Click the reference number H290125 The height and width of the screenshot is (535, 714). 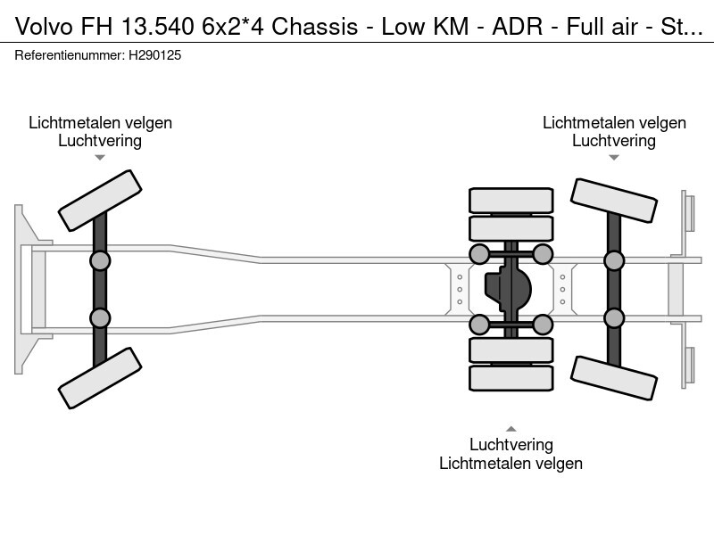click(157, 55)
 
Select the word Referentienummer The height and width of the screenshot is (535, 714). click(69, 55)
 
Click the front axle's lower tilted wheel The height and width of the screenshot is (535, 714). click(100, 378)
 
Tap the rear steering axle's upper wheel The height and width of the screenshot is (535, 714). click(614, 200)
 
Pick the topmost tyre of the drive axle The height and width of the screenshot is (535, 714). click(511, 200)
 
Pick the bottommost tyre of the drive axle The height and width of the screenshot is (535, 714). click(511, 378)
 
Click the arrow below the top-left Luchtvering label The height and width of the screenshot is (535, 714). click(100, 158)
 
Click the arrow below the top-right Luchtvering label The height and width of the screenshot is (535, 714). click(614, 158)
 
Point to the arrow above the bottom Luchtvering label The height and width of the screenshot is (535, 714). click(511, 427)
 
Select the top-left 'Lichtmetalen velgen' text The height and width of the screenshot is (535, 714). click(100, 123)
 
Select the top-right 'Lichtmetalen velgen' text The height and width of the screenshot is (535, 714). click(614, 123)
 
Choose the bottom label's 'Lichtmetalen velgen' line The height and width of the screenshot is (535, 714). click(511, 463)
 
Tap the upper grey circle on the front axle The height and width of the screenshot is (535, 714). click(100, 260)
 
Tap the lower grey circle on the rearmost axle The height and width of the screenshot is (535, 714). click(614, 317)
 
